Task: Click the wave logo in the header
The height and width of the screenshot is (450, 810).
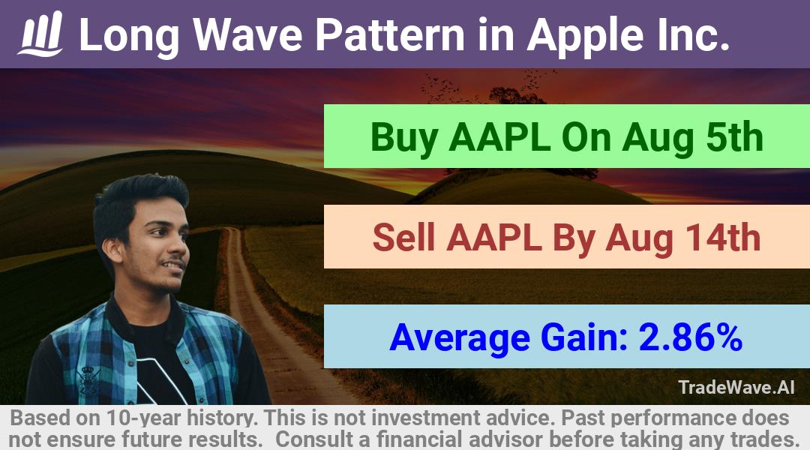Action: click(x=40, y=34)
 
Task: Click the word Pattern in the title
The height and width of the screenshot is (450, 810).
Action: click(x=391, y=35)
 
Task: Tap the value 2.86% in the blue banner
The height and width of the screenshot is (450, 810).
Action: click(x=690, y=337)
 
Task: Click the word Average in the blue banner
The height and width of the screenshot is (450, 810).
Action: click(x=460, y=339)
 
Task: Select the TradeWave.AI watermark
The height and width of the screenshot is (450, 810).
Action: click(x=736, y=387)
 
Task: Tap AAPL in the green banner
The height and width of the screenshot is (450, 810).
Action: click(x=499, y=137)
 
